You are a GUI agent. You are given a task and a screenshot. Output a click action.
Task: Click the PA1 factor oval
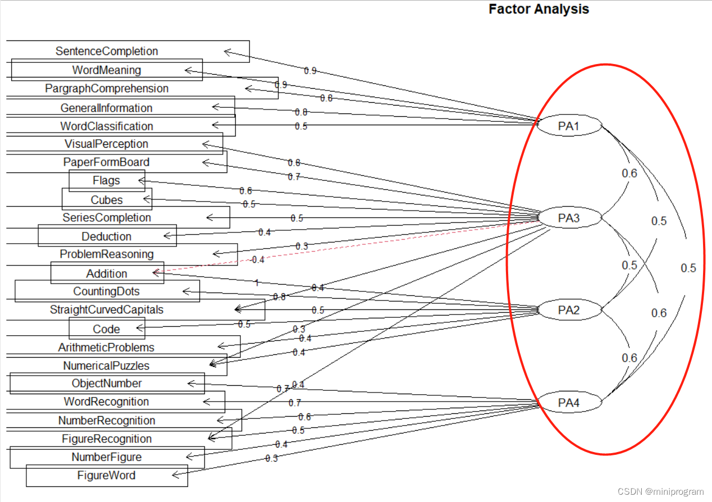click(x=569, y=126)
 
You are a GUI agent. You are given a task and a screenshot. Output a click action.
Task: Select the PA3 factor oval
click(x=569, y=218)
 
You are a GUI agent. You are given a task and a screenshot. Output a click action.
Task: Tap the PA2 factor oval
click(x=569, y=310)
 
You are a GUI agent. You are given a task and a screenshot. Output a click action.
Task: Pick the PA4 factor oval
click(x=569, y=403)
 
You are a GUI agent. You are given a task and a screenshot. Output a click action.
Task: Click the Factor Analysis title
click(x=538, y=9)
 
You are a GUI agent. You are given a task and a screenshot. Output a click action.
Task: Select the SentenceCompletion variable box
click(x=107, y=51)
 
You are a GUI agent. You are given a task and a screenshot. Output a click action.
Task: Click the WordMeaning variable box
click(x=107, y=70)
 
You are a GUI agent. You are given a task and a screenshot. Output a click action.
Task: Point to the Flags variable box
click(x=107, y=181)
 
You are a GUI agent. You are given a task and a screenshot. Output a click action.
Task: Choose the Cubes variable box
click(x=107, y=199)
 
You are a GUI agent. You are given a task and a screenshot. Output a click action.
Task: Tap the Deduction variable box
click(x=107, y=236)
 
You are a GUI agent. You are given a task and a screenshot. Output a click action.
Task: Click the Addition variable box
click(x=107, y=273)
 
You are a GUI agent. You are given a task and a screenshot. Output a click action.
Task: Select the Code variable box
click(x=107, y=328)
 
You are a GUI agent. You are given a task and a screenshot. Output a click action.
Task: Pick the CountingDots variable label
click(x=107, y=291)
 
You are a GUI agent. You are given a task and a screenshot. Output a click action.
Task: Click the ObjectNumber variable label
click(x=107, y=384)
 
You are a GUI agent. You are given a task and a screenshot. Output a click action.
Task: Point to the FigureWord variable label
click(x=107, y=476)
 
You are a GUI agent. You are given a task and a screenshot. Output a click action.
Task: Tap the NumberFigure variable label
click(x=107, y=457)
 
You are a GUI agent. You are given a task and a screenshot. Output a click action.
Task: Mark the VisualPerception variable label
click(x=107, y=144)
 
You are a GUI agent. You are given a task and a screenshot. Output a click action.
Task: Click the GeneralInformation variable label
click(x=107, y=108)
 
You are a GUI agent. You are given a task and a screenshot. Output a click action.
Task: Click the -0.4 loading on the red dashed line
click(x=257, y=260)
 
